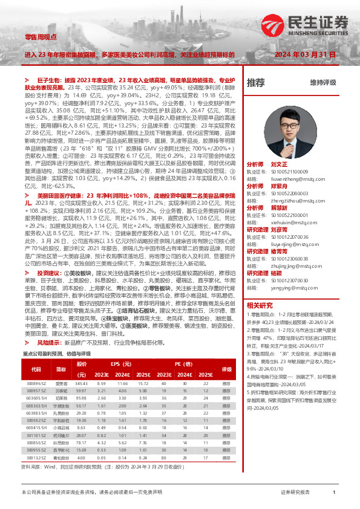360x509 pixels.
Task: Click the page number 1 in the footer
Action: pyautogui.click(x=334, y=493)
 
